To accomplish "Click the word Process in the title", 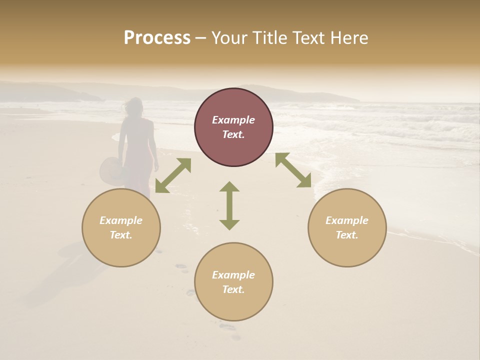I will (157, 38).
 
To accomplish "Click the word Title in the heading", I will (268, 38).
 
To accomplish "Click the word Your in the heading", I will (229, 38).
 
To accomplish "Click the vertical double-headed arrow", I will (229, 205).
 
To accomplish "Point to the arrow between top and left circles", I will (173, 175).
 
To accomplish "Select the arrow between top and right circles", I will (293, 170).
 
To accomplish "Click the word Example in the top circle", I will (233, 120).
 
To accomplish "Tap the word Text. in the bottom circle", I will (233, 289).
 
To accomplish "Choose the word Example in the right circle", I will (347, 220).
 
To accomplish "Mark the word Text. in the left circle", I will (121, 235).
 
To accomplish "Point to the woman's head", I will (134, 106).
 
